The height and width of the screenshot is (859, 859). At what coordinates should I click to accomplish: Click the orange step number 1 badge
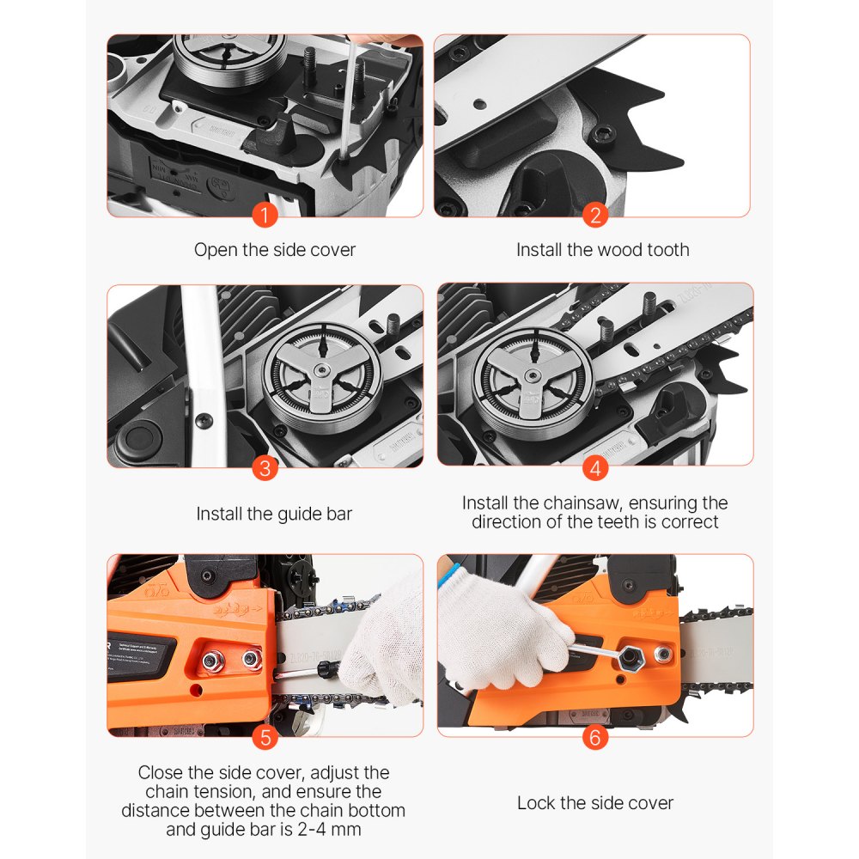pos(265,215)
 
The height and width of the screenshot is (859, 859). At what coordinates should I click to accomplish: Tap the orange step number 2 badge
pos(595,215)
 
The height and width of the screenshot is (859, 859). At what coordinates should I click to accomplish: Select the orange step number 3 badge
pos(265,468)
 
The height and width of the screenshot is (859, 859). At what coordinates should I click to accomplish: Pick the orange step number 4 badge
pos(595,468)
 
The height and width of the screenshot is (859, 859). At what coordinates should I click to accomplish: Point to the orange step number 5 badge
pos(265,736)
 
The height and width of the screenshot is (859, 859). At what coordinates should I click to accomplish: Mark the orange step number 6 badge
pos(595,736)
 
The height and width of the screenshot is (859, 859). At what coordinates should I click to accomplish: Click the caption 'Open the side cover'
pos(274,250)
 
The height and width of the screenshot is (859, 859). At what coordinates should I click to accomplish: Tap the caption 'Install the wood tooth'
pos(602,250)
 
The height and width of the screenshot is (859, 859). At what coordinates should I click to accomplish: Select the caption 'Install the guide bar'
pos(274,514)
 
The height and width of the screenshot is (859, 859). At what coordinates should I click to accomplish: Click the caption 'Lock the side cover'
pos(594,803)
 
